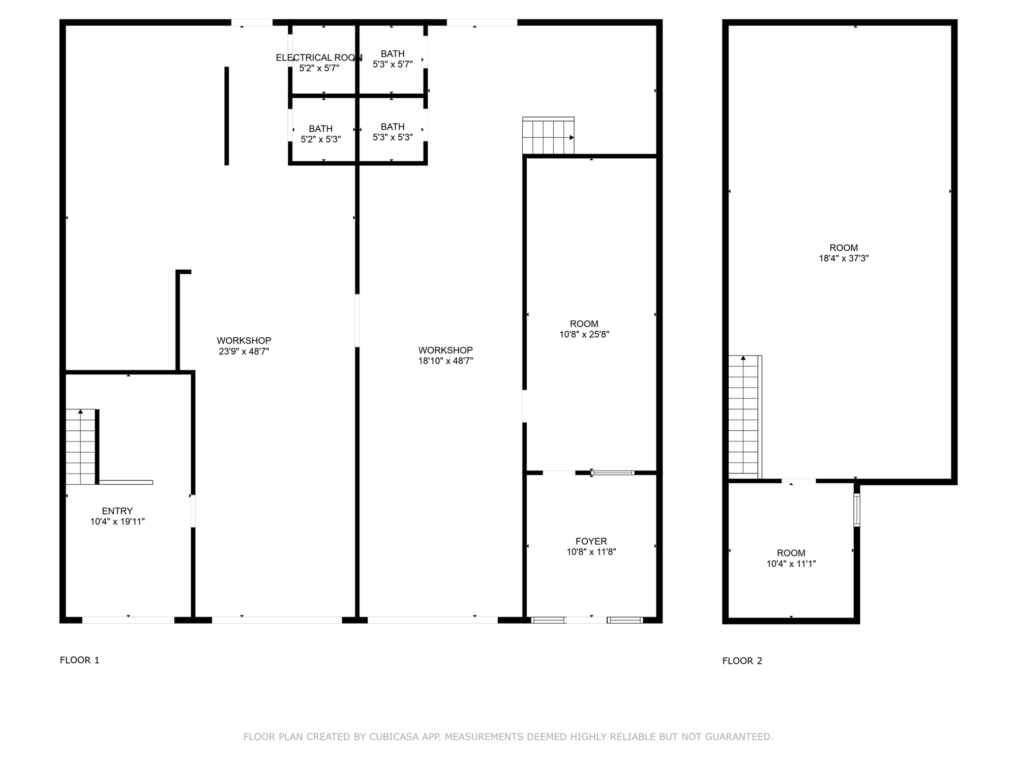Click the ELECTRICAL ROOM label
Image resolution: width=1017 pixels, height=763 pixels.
click(319, 58)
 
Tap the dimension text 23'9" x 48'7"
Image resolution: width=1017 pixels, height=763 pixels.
click(244, 351)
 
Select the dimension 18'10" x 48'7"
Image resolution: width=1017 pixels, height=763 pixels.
click(446, 361)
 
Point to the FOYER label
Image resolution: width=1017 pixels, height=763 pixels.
click(591, 541)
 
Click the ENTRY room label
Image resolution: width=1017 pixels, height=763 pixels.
click(117, 511)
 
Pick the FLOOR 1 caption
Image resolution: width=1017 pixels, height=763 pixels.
click(80, 660)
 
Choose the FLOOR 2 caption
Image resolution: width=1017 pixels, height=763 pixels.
click(742, 661)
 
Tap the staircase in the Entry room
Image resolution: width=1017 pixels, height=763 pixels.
click(80, 447)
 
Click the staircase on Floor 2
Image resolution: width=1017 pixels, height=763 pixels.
click(745, 417)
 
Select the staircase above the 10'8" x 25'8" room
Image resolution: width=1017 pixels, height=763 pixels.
click(548, 135)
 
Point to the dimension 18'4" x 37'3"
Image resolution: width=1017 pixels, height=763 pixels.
click(844, 258)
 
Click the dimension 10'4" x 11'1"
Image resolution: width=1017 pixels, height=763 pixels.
click(791, 564)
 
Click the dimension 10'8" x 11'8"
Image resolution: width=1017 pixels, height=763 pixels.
click(591, 552)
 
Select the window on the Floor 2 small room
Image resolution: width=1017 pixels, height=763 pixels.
click(857, 510)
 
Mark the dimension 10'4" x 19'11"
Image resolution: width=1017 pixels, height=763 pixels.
click(117, 521)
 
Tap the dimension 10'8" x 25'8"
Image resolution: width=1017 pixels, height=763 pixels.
click(584, 335)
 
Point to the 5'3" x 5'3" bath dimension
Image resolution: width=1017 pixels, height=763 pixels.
click(393, 137)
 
